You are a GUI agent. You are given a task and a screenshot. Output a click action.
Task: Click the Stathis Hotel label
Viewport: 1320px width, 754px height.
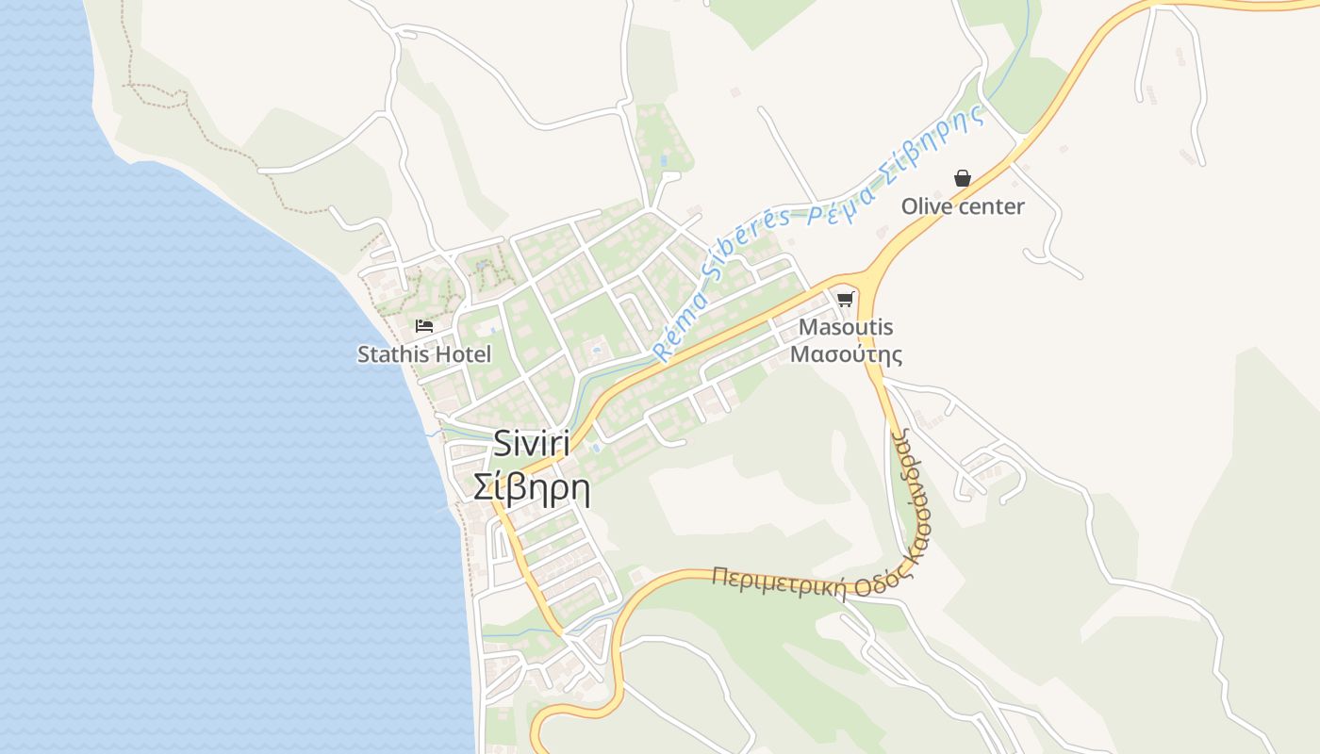click(424, 355)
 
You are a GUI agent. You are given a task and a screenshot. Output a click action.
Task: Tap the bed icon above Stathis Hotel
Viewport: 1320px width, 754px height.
click(424, 326)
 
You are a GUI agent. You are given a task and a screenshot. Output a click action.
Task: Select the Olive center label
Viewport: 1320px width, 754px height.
click(963, 206)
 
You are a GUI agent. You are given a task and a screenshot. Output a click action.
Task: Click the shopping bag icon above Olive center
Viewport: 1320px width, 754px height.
click(963, 178)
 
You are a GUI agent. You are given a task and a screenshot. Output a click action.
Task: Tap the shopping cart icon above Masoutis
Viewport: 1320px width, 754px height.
click(846, 300)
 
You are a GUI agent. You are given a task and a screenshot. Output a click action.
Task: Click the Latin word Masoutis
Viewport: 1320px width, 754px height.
click(846, 328)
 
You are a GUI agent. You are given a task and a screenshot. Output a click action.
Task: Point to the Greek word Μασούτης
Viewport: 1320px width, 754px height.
click(846, 354)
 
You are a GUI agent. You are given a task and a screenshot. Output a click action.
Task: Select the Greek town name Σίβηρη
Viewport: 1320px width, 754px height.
click(532, 489)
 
